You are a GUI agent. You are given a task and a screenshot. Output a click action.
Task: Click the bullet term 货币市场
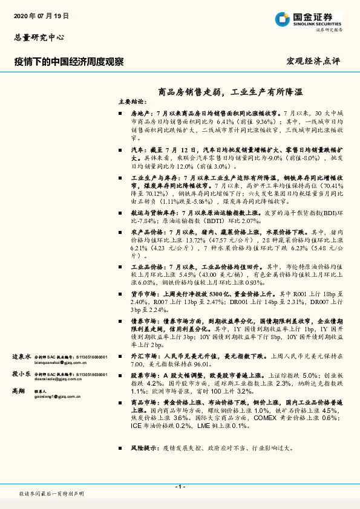click(143, 293)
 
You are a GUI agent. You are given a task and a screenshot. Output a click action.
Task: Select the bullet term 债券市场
click(143, 322)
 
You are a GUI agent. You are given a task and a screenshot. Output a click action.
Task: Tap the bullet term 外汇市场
click(143, 357)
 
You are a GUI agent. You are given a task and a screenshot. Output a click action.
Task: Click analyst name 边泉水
click(22, 357)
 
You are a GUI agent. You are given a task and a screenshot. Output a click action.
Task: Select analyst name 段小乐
click(22, 374)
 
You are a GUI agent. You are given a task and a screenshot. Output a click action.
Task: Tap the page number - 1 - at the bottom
click(180, 486)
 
